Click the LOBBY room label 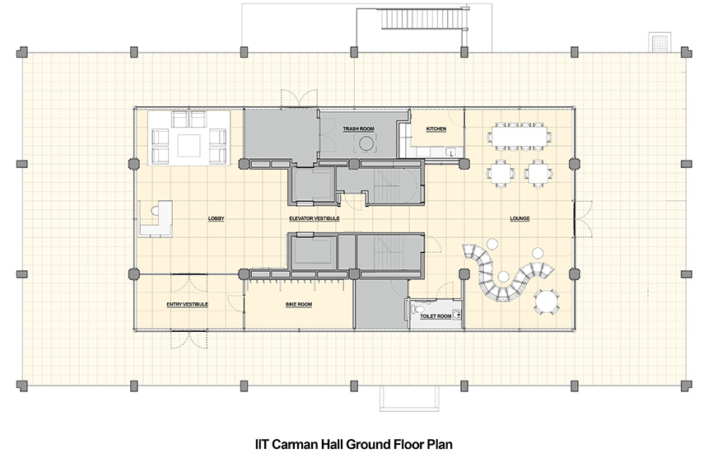coord(216,218)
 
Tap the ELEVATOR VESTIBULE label coord(314,218)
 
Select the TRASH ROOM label coord(358,129)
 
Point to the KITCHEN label coord(436,129)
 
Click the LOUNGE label coord(519,218)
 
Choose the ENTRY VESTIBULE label coord(188,305)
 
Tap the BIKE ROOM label coord(299,305)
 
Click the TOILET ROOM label coord(436,316)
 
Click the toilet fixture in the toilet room coord(417,309)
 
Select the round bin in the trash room coord(366,144)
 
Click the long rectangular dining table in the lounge coord(519,135)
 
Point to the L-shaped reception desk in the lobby coord(156,218)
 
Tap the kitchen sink coord(450,152)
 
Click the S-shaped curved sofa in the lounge coord(506,273)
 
